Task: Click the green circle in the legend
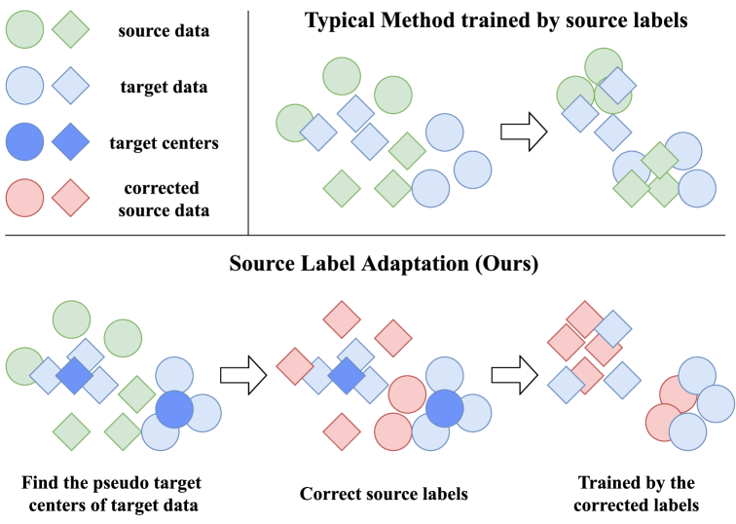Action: click(x=25, y=30)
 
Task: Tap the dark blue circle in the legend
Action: click(x=25, y=143)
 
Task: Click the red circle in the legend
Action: click(x=25, y=198)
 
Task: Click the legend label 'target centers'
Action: click(x=164, y=143)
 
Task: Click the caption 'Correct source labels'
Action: click(x=384, y=494)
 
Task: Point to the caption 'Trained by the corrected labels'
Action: click(x=636, y=494)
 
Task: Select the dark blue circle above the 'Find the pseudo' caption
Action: click(x=173, y=408)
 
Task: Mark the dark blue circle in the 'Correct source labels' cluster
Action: click(x=444, y=408)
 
